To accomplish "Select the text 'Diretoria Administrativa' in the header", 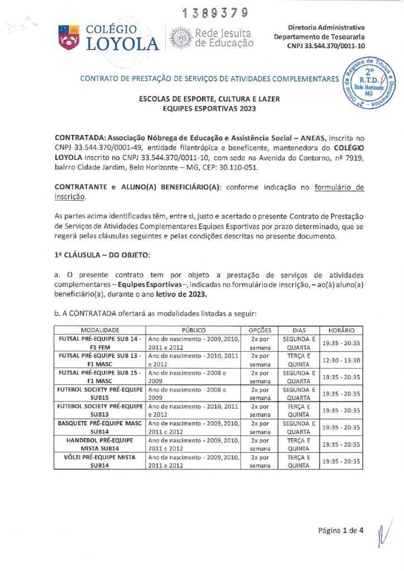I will coord(326,27).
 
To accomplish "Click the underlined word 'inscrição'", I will coord(70,197).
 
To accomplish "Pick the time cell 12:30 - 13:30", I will coord(341,360).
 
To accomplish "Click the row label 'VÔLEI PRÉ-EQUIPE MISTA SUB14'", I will coord(100,461).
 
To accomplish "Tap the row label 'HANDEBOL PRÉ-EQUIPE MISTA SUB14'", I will coord(100,444).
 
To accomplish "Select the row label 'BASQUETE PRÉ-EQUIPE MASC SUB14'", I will coord(100,427).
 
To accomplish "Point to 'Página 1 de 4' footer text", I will coord(341,530).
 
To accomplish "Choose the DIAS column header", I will coord(299,330).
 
